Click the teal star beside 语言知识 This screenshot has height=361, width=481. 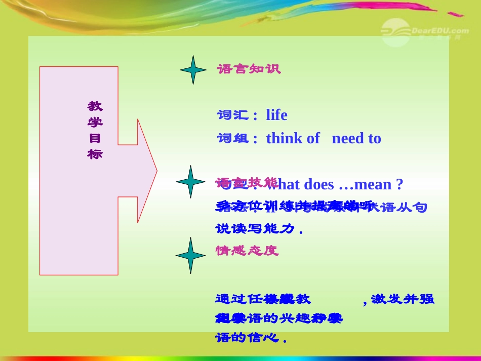(x=193, y=70)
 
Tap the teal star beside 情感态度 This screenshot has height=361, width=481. (x=191, y=255)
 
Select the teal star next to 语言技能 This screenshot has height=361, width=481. (x=190, y=181)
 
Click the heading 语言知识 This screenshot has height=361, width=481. (x=249, y=69)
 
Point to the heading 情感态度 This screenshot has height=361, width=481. (x=247, y=251)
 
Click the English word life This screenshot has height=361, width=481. (x=276, y=115)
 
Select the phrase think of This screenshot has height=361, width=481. (x=293, y=138)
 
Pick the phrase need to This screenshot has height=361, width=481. (x=356, y=138)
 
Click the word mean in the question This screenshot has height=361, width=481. (x=374, y=184)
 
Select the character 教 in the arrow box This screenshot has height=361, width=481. (x=95, y=106)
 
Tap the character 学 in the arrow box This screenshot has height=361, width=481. (x=95, y=122)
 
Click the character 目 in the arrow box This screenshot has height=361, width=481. (x=95, y=138)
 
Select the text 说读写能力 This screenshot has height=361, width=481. (x=255, y=229)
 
